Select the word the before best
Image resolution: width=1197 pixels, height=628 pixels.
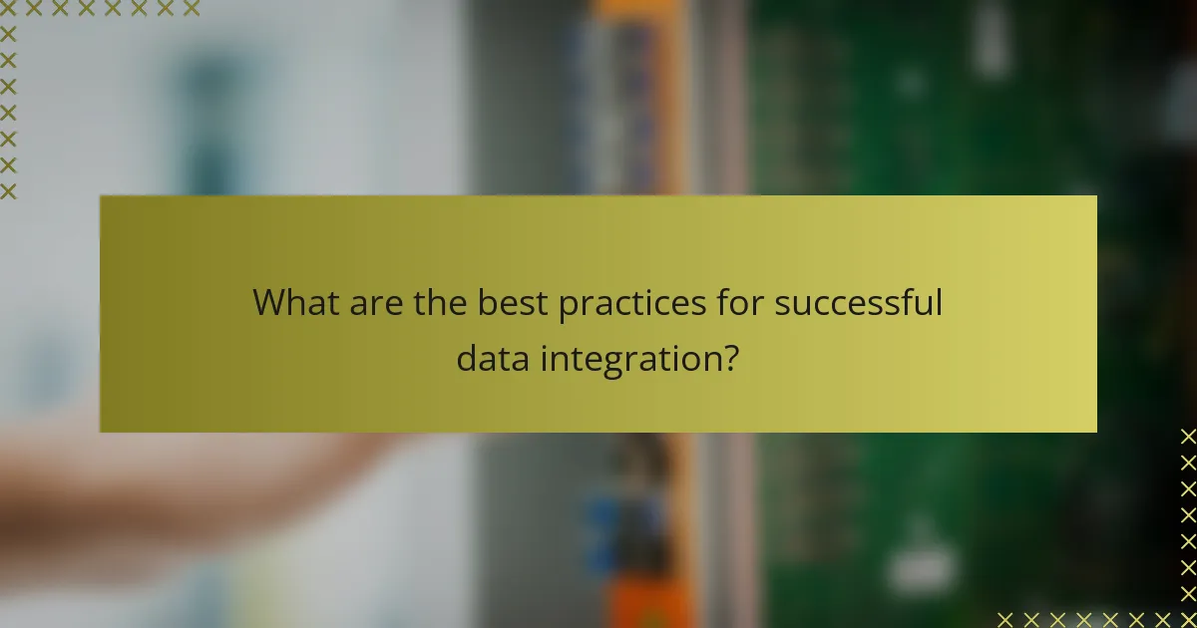[439, 302]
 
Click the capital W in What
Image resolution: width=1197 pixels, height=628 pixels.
[268, 302]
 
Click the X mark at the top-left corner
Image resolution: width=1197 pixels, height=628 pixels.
[9, 9]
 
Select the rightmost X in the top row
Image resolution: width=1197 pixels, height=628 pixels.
[191, 9]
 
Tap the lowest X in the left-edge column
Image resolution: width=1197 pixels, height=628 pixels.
[9, 190]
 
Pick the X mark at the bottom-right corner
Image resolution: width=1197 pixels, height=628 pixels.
[1188, 619]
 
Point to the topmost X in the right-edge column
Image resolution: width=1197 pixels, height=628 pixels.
[1188, 437]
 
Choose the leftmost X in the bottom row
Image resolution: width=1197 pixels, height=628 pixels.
[1005, 619]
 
